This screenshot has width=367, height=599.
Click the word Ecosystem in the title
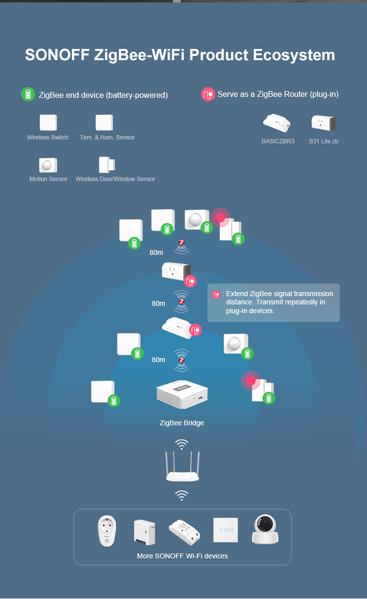tap(294, 55)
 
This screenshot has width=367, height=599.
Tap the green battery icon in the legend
tap(28, 94)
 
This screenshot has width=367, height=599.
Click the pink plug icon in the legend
tap(208, 94)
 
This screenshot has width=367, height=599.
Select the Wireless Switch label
tap(47, 138)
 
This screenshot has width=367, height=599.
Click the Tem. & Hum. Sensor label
tap(107, 138)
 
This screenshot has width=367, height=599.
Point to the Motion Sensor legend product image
tap(47, 165)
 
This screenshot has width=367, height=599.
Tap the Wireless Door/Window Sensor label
tap(115, 179)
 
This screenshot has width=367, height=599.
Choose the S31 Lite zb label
tap(323, 141)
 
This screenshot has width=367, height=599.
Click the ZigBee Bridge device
tap(182, 394)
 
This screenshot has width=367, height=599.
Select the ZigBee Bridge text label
tap(182, 423)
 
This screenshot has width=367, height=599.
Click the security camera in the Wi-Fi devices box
tap(265, 530)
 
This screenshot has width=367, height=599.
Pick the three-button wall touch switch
tap(225, 530)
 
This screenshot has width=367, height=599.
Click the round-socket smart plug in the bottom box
tap(107, 530)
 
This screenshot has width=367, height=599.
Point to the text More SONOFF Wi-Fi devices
tap(183, 556)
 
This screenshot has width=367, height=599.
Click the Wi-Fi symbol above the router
tap(182, 444)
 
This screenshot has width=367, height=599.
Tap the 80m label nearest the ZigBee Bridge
tap(159, 360)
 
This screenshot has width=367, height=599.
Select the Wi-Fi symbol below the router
tap(182, 495)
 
